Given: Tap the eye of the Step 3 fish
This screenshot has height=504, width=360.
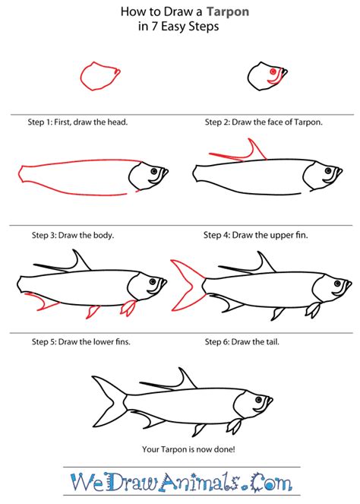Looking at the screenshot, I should click(x=154, y=173).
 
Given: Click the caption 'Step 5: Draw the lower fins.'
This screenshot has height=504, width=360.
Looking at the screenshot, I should click(x=67, y=342).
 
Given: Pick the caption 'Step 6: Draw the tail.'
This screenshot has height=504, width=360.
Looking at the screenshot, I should click(x=244, y=342).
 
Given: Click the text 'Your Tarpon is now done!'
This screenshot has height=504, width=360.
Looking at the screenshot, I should click(x=180, y=449).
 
